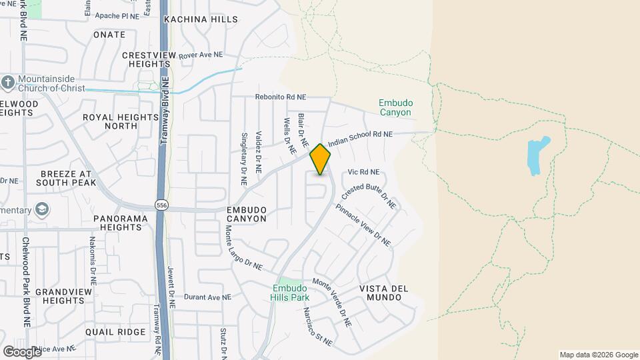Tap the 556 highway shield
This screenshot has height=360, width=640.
coord(161,205)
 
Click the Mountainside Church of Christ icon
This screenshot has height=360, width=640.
coord(8,83)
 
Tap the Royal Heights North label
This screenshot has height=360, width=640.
coord(111,121)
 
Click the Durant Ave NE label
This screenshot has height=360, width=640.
coord(207,297)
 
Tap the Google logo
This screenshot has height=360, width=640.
coord(22,351)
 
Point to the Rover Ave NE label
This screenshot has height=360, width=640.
coord(201,55)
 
